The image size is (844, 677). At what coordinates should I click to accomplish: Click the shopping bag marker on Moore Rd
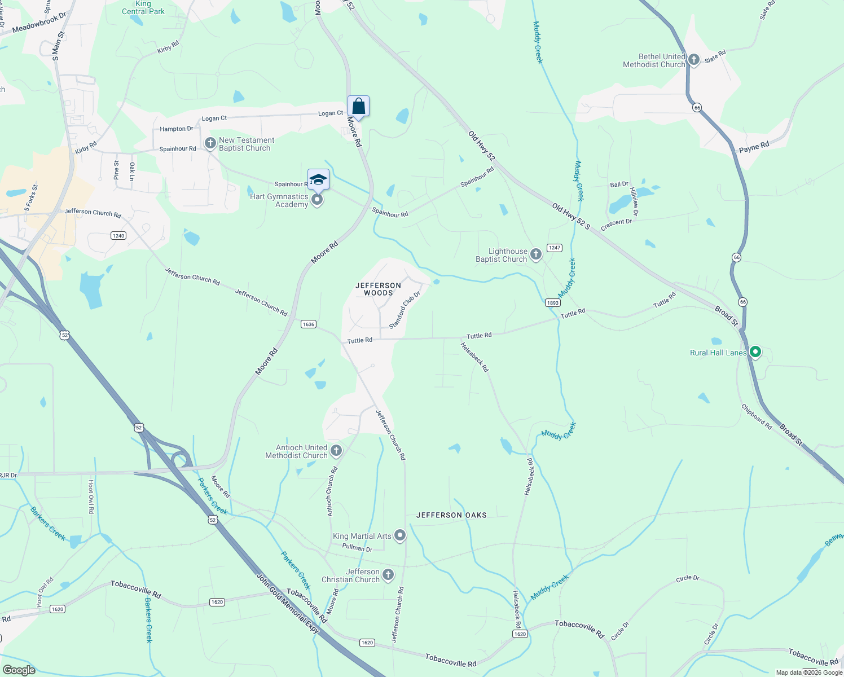358,106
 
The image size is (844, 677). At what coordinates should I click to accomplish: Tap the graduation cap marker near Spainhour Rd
318,179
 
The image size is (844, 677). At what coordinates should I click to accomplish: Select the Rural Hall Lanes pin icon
755,353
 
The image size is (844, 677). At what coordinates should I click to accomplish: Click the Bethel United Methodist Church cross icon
694,60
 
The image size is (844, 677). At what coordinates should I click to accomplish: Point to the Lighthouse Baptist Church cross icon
536,254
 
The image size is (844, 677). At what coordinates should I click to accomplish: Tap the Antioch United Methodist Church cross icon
336,450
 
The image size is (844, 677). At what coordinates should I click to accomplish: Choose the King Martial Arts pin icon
400,535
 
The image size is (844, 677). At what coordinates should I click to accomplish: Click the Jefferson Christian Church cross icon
388,575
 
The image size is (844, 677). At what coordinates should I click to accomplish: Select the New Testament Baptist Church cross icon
210,143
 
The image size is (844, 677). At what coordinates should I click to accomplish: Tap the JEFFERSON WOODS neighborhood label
378,289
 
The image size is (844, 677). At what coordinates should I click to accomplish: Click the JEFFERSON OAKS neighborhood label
451,515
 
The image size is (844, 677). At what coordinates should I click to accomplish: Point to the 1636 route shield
309,324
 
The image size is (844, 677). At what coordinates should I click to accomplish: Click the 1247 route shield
555,248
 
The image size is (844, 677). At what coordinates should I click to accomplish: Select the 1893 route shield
553,303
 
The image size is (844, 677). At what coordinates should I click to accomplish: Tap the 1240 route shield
118,235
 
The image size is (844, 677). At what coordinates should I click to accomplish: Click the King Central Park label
143,8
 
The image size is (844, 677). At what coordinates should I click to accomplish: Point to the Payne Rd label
754,147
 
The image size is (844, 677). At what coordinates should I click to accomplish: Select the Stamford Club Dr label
405,310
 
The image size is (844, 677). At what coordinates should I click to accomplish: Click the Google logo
19,670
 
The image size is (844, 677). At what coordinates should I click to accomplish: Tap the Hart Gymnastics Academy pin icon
318,200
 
